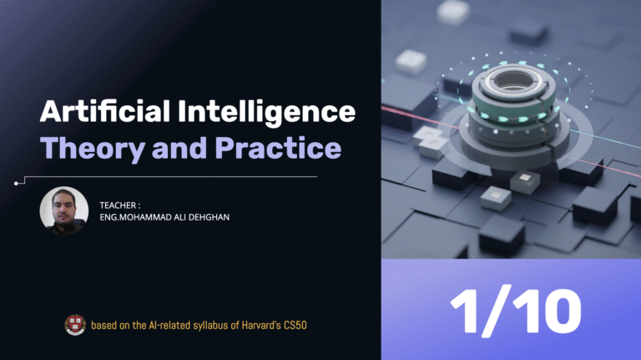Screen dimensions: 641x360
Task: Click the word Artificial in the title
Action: click(x=105, y=111)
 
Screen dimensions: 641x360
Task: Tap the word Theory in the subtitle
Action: click(x=93, y=149)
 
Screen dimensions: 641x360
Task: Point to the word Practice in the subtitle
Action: click(x=278, y=148)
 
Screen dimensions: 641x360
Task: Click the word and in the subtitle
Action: click(x=179, y=148)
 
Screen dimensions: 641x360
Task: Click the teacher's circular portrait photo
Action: click(x=63, y=210)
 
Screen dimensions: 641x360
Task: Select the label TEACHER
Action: click(x=118, y=205)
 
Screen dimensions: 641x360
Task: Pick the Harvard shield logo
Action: click(x=75, y=325)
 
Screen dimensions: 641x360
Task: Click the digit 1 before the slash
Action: click(x=465, y=311)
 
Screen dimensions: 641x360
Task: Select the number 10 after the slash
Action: click(x=547, y=312)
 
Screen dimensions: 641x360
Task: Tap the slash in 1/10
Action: click(x=496, y=311)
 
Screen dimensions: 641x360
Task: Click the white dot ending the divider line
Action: click(x=16, y=183)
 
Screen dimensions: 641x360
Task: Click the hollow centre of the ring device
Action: click(x=513, y=80)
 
